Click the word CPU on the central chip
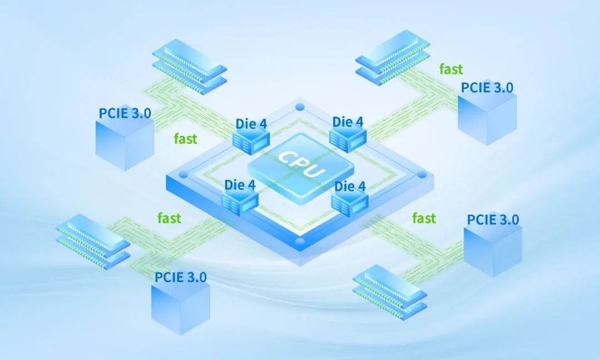(301, 164)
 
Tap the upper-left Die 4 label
(251, 123)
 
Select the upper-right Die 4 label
(348, 121)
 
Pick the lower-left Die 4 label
(240, 185)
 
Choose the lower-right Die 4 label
(350, 187)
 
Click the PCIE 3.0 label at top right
(487, 87)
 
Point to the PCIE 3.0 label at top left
(125, 113)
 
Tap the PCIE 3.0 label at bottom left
(181, 276)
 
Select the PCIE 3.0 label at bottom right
(493, 219)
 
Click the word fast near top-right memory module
(451, 69)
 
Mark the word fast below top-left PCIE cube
(185, 139)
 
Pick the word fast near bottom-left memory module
(169, 218)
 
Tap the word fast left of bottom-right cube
(424, 218)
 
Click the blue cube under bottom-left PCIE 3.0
(180, 308)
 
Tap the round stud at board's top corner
(300, 107)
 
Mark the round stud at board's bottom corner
(300, 242)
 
